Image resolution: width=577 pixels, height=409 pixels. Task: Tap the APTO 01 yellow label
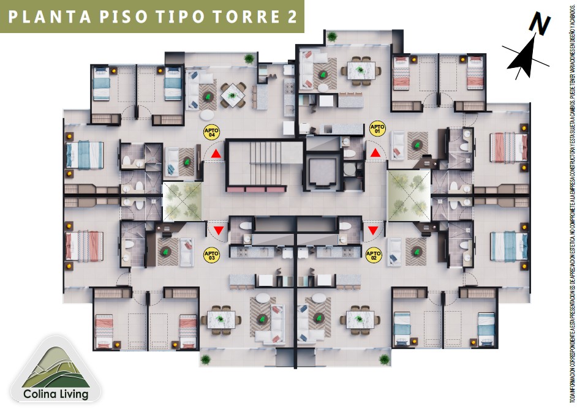point(377,129)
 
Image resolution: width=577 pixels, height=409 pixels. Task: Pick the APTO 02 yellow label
point(373,253)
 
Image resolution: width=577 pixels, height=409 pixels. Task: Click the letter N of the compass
point(538,25)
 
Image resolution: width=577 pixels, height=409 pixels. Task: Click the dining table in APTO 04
point(233,94)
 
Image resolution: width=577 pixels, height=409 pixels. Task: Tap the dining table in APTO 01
point(359,69)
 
